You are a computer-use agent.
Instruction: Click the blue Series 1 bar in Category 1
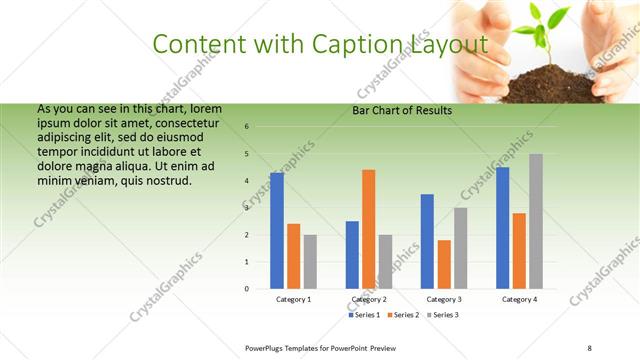277,231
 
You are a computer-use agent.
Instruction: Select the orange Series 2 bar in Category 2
368,229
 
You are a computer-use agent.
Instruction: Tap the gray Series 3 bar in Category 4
535,221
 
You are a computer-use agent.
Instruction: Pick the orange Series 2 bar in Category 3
443,264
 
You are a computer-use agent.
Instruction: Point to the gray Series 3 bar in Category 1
310,262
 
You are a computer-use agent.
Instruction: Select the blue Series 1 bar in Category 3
427,241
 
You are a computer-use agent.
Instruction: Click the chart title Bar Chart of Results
402,111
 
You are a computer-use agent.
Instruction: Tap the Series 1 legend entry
365,315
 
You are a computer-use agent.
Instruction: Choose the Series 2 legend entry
404,315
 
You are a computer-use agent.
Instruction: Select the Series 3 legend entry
443,315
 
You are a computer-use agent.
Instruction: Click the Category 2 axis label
369,299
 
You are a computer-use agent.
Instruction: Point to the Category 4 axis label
519,299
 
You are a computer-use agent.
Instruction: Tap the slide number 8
590,347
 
